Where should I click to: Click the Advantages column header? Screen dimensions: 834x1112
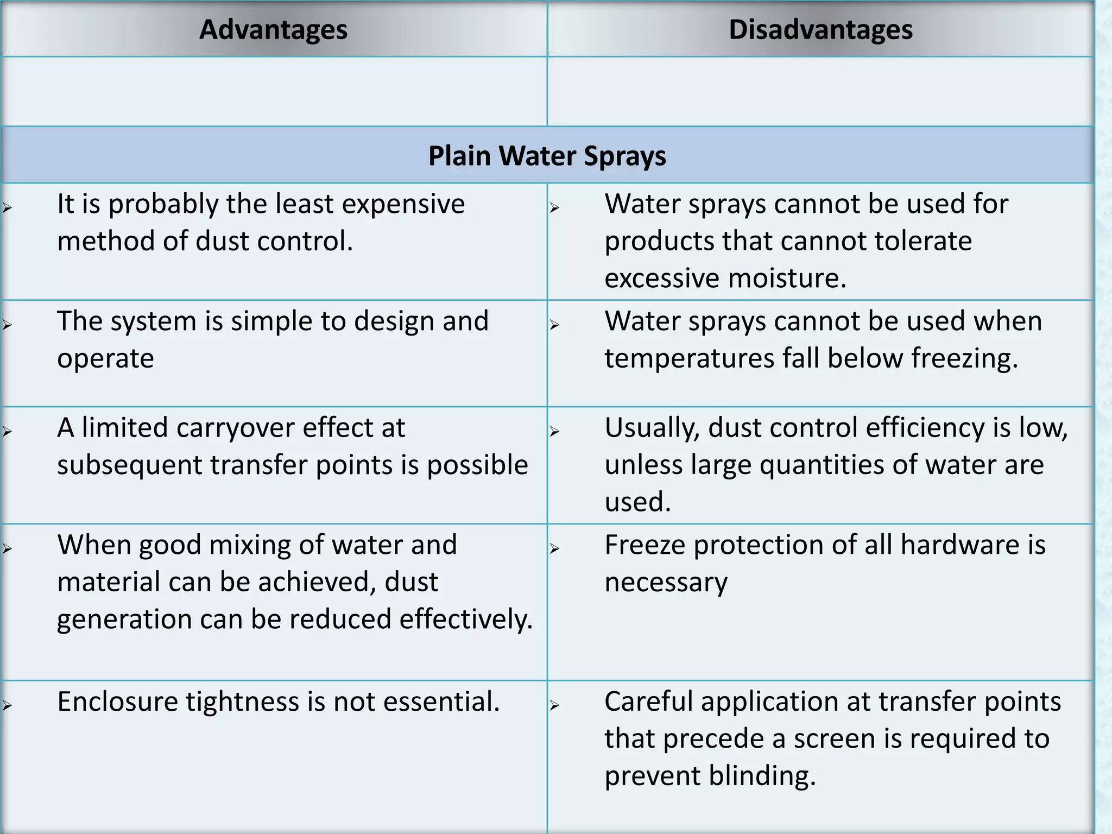(273, 30)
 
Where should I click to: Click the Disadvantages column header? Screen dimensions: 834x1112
(820, 30)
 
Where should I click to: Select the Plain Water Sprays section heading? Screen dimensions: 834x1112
(547, 156)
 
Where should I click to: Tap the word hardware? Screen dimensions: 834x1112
(959, 545)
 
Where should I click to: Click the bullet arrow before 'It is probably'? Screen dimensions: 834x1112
(7, 207)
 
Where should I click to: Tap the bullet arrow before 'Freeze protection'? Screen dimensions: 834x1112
(554, 548)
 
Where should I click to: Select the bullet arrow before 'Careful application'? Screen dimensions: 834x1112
(554, 705)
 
